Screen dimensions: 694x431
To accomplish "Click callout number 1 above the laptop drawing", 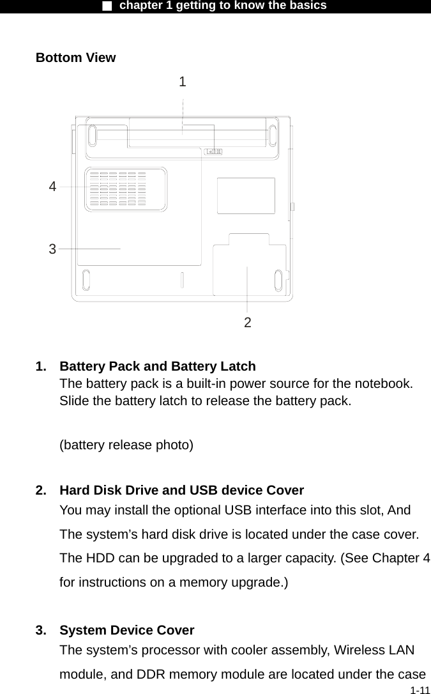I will pos(183,82).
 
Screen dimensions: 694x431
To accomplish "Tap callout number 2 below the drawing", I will pos(248,323).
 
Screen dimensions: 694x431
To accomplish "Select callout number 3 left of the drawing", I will pos(52,249).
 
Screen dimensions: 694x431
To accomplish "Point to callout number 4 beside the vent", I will pos(52,187).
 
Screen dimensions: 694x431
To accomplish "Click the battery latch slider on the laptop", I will pos(213,151).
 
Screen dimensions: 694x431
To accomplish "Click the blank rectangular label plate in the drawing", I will pos(246,196).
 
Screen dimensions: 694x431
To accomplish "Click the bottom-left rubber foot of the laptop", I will pos(87,279).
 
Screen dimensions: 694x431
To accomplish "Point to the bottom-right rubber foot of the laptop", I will pos(278,281).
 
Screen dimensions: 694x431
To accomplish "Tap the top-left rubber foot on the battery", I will pos(92,135).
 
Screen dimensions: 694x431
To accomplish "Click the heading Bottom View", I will pos(76,58).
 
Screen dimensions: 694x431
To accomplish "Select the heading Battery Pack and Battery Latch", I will pos(158,367).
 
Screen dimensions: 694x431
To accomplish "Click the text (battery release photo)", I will pos(126,445).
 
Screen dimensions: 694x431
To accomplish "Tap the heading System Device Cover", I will pos(127,631).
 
